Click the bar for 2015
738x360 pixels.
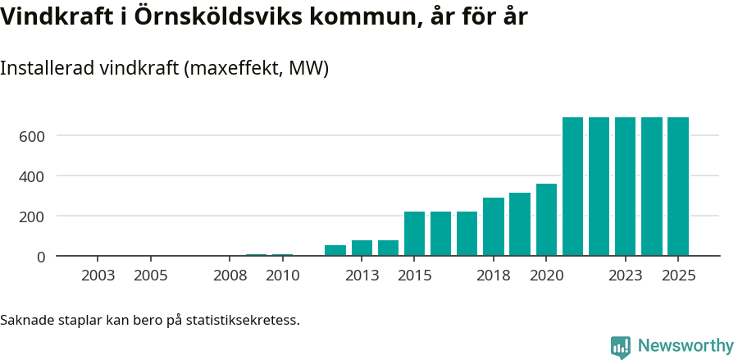tap(414, 234)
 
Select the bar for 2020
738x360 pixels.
tap(546, 220)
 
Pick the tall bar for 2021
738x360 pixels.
tap(572, 186)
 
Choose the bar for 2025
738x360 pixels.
tap(678, 186)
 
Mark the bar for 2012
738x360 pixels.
tap(335, 250)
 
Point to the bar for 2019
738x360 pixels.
tap(520, 224)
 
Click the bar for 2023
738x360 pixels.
tap(626, 186)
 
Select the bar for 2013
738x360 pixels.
tap(362, 248)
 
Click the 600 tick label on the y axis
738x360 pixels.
tap(31, 135)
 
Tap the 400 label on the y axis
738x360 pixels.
tap(31, 175)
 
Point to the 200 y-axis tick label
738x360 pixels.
tap(31, 216)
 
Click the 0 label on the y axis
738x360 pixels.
tap(40, 257)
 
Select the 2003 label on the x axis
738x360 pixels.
tap(98, 276)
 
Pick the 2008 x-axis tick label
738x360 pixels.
tap(230, 276)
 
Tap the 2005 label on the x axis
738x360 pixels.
tap(151, 276)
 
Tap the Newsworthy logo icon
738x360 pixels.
tap(621, 346)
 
